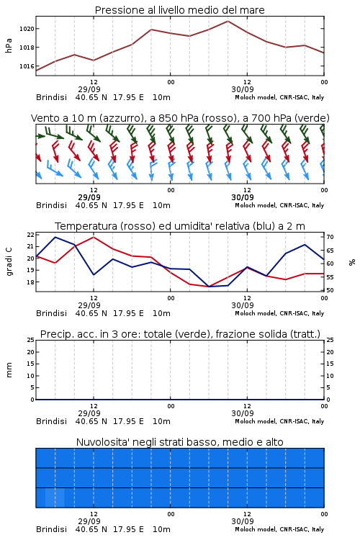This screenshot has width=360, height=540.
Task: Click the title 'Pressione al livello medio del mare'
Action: [179, 10]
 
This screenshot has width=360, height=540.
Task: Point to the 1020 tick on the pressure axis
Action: [27, 29]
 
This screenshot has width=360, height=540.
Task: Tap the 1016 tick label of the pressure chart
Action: [27, 66]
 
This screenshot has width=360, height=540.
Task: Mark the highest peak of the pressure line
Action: [228, 21]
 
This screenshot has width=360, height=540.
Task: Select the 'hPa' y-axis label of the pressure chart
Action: [9, 45]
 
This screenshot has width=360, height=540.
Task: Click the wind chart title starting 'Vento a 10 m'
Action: [180, 118]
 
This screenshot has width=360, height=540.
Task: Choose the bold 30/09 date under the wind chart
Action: [243, 197]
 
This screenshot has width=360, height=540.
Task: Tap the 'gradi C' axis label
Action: [9, 261]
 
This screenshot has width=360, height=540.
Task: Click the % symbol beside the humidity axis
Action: [352, 262]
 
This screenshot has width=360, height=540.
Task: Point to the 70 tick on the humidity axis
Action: [330, 237]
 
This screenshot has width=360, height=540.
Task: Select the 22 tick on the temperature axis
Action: [30, 235]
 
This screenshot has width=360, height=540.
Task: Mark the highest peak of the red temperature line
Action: [94, 237]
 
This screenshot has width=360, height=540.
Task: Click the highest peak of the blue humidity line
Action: [55, 237]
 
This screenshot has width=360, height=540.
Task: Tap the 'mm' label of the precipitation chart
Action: [9, 370]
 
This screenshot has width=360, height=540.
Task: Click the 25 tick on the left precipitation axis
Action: [31, 340]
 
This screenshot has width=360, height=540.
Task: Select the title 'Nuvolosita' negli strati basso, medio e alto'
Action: [179, 442]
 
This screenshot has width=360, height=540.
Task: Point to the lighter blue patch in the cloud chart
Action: [55, 498]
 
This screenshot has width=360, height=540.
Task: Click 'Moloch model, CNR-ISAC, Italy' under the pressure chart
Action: [279, 97]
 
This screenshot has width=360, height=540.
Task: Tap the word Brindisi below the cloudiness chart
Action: [51, 529]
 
